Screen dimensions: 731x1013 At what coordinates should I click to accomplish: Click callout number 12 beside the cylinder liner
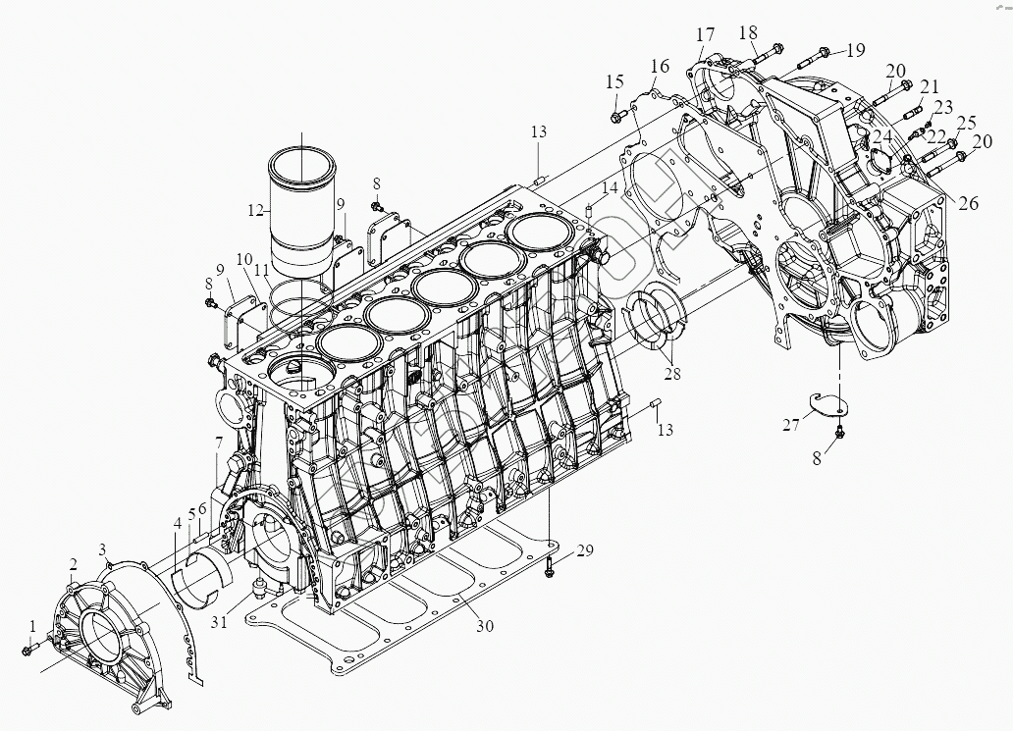pyautogui.click(x=256, y=210)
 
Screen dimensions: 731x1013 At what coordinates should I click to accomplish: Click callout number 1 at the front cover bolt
pyautogui.click(x=32, y=625)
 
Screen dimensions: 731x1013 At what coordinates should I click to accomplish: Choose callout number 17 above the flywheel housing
pyautogui.click(x=705, y=35)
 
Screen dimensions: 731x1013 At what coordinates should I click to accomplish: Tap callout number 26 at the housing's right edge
pyautogui.click(x=968, y=204)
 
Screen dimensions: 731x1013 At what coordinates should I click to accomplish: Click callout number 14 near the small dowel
pyautogui.click(x=611, y=187)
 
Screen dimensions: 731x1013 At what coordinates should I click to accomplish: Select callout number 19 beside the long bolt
pyautogui.click(x=856, y=49)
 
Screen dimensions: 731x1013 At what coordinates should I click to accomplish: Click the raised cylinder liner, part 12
pyautogui.click(x=301, y=211)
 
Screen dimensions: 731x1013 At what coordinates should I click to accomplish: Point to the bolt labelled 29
pyautogui.click(x=550, y=564)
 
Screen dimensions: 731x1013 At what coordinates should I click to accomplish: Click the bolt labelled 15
pyautogui.click(x=616, y=117)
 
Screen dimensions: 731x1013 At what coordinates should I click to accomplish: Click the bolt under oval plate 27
pyautogui.click(x=837, y=433)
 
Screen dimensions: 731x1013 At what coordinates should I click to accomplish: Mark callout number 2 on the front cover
pyautogui.click(x=73, y=563)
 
